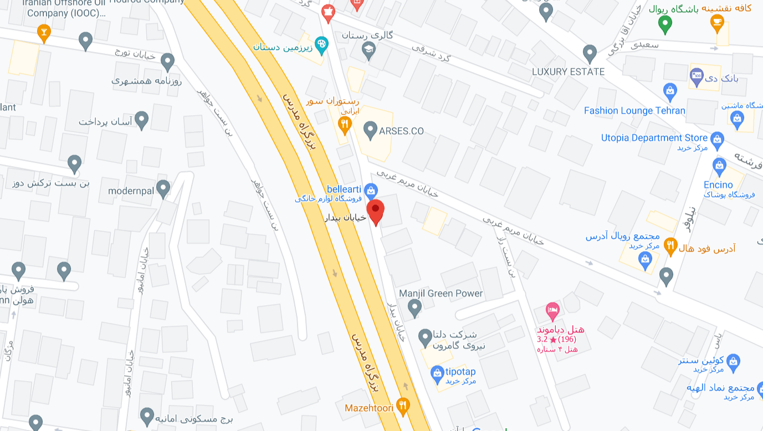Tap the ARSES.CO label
pos(401,131)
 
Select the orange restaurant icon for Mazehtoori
pos(403,407)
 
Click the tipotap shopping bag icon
pos(437,372)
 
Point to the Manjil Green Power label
pos(441,294)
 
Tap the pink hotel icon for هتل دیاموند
pos(552,310)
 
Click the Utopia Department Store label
pos(654,138)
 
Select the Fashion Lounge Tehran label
pos(634,110)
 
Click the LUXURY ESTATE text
pos(568,72)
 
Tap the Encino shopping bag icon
pos(719,165)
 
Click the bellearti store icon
pos(371,189)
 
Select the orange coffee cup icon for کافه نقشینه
pos(717,22)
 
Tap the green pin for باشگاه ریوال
pos(665,23)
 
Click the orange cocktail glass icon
pos(44,32)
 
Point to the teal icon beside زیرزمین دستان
pos(321,44)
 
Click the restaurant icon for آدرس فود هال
pos(670,245)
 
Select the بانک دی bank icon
pos(697,75)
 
